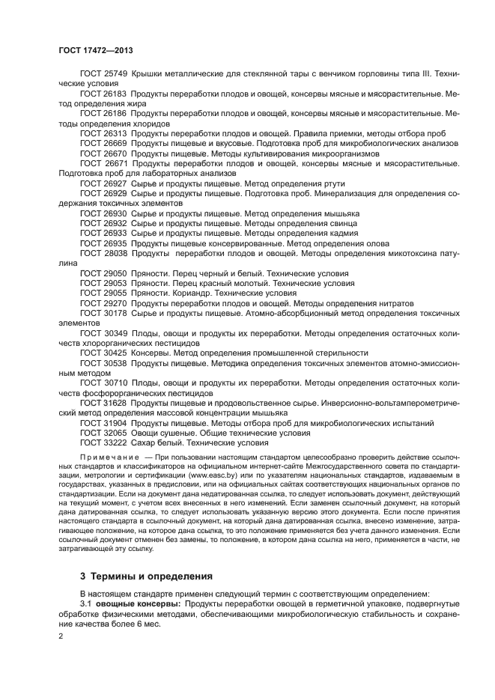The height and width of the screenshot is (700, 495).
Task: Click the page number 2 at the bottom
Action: [61, 635]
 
